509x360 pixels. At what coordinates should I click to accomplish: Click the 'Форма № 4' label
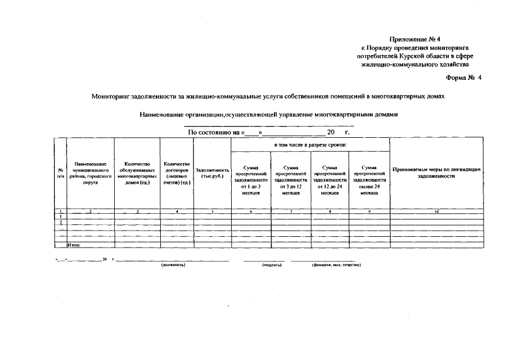[464, 77]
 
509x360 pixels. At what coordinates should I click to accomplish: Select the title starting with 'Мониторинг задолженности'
[268, 96]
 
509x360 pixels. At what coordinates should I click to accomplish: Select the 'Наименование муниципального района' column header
[90, 173]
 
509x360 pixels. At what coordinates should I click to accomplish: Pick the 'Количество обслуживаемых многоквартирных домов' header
[137, 173]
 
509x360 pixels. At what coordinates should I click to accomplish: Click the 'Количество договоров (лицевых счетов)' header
[177, 173]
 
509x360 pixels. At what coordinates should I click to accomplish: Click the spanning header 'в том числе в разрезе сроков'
[310, 145]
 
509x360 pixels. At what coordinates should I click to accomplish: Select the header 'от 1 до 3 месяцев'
[250, 179]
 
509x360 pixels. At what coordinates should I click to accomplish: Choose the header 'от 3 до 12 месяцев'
[291, 179]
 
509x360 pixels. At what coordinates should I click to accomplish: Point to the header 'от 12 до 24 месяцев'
[330, 179]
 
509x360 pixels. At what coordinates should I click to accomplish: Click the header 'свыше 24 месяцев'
[369, 179]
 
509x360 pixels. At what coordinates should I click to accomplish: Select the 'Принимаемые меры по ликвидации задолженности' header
[436, 172]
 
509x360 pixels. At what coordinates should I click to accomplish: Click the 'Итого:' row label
[74, 245]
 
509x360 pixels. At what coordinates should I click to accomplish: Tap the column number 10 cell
[436, 211]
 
